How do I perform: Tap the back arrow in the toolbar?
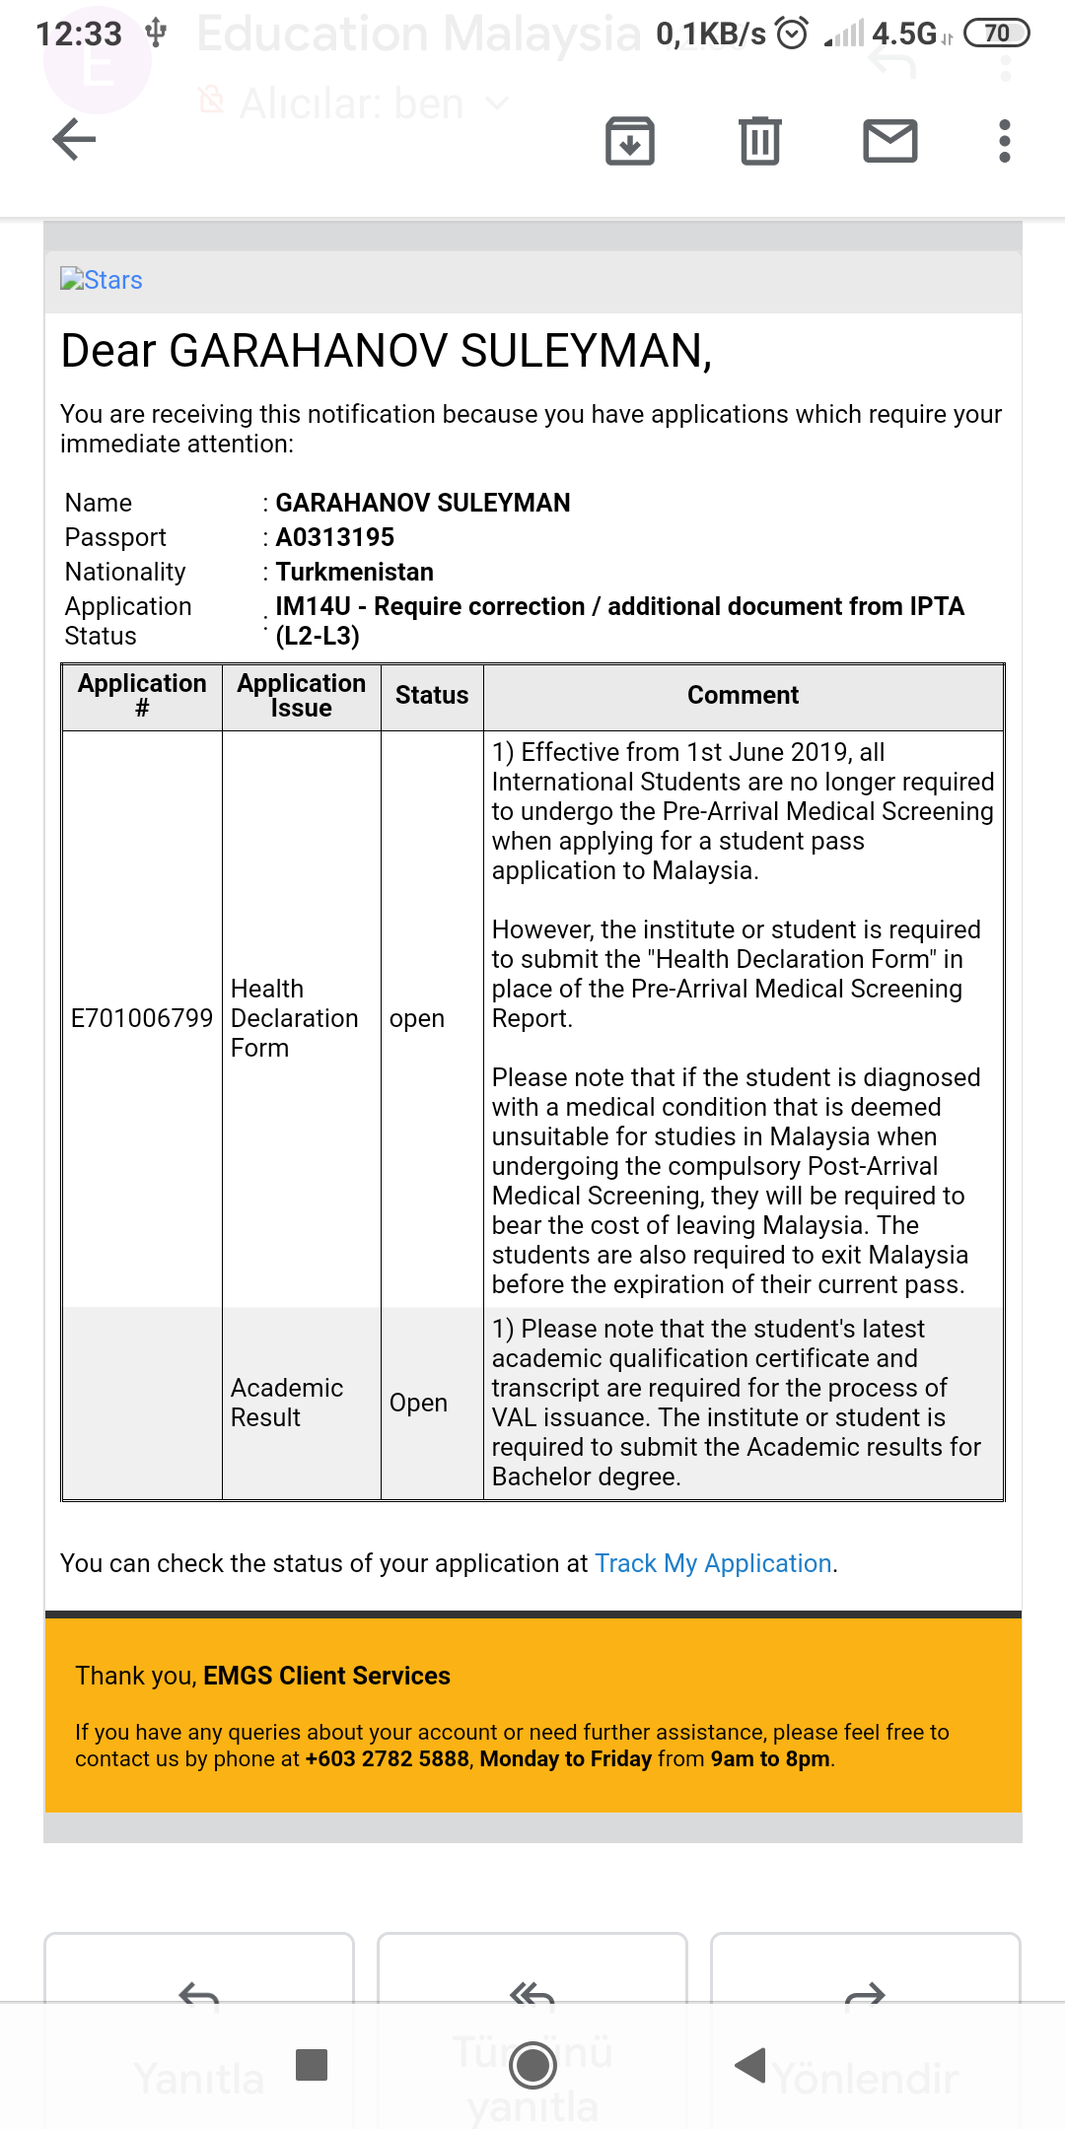click(x=74, y=139)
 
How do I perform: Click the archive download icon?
click(x=630, y=140)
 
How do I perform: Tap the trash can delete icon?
click(x=759, y=140)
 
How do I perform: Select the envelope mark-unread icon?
click(x=890, y=140)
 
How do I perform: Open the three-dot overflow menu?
click(x=1004, y=141)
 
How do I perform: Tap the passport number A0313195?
click(x=334, y=537)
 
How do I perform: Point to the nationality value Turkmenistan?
click(x=354, y=572)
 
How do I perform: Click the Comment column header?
click(x=743, y=696)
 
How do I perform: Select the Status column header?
click(x=431, y=696)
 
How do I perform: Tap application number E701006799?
click(x=142, y=1018)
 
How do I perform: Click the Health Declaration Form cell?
click(x=293, y=1018)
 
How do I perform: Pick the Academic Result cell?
click(x=286, y=1403)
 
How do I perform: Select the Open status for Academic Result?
click(x=418, y=1403)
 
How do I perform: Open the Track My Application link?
click(x=713, y=1563)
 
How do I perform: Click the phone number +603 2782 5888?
click(x=387, y=1759)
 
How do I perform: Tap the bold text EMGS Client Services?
click(x=326, y=1676)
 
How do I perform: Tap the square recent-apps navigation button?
click(x=312, y=2064)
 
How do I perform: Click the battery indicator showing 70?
click(x=996, y=34)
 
